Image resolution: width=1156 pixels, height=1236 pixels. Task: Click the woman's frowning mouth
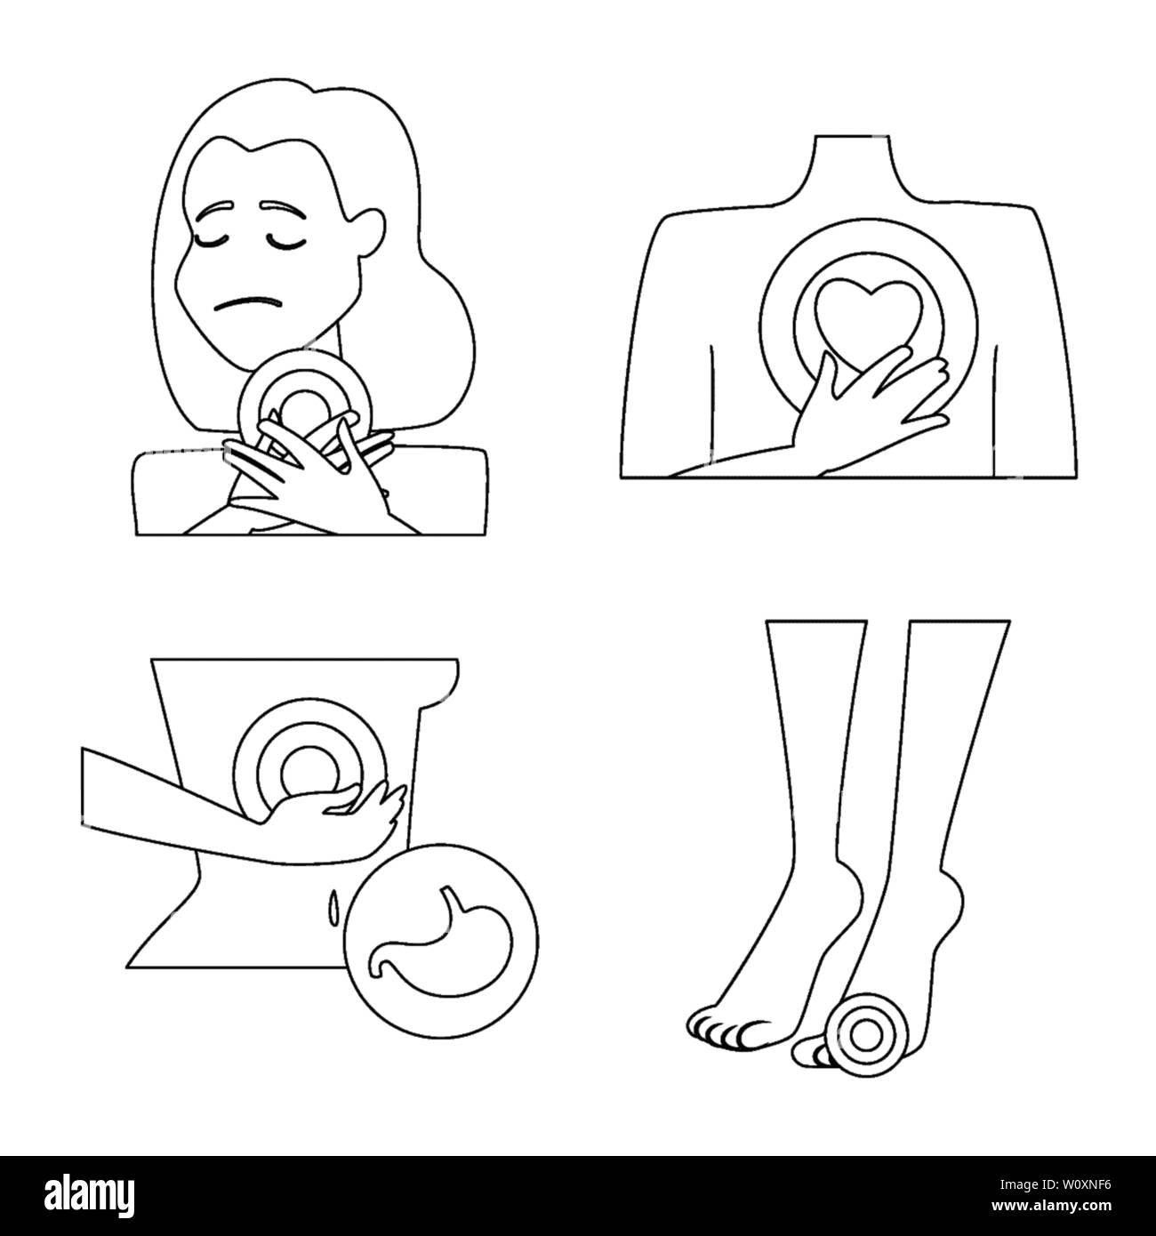(248, 303)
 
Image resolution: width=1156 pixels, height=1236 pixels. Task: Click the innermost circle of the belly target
(309, 773)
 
